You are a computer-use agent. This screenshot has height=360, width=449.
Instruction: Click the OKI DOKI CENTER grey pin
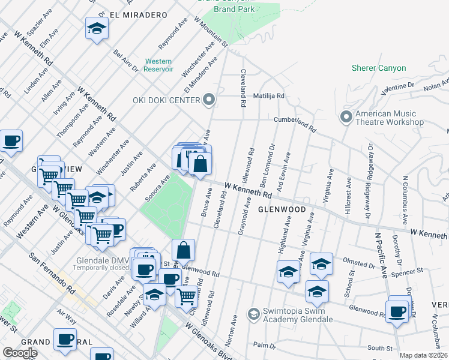pos(209,99)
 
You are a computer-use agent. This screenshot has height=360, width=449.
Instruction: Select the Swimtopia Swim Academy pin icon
pos(254,313)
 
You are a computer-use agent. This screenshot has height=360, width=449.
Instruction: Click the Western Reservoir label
pos(158,65)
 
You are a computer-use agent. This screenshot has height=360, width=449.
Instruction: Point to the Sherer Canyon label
pos(379,68)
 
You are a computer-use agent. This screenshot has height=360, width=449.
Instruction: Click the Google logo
pos(20,353)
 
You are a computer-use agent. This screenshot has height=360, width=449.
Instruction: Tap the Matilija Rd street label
pos(268,95)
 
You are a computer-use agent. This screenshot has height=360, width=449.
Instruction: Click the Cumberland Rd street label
pos(295,123)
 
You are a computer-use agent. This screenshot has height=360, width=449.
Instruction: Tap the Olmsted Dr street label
pos(359,262)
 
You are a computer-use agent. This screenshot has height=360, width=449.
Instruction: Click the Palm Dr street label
pos(264,345)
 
